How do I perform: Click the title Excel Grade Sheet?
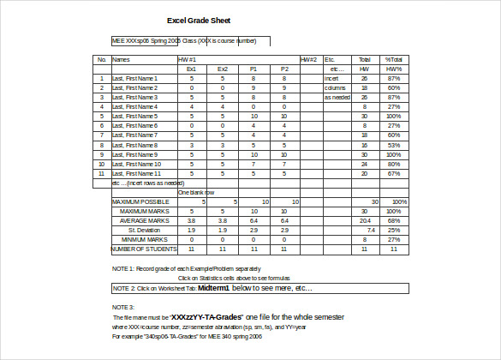coord(198,20)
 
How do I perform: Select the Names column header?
coord(122,59)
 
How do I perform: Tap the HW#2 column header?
coord(308,59)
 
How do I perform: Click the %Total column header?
coord(394,59)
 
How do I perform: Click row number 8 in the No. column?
coord(101,144)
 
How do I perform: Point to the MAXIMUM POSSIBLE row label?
coord(143,201)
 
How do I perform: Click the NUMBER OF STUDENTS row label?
coord(143,249)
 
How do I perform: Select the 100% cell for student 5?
coord(394,116)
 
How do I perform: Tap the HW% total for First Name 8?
coord(394,144)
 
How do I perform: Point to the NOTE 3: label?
coord(123,306)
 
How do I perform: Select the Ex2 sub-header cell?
coord(223,69)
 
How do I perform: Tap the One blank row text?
coord(196,192)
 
